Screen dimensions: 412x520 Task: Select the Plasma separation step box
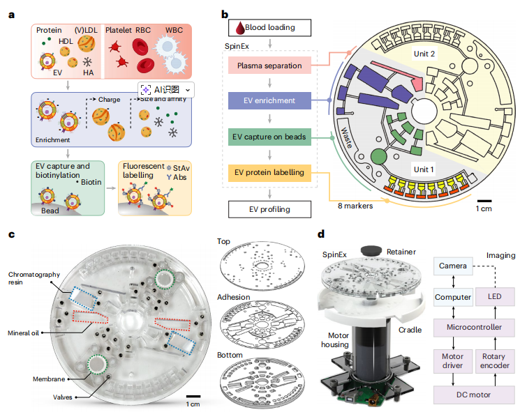coord(269,66)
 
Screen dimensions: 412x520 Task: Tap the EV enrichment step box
coord(269,101)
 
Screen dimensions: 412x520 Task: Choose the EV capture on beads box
coord(269,137)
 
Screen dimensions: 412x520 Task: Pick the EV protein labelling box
coord(269,172)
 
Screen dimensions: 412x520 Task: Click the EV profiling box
coord(269,208)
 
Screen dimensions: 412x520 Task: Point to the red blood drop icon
coord(239,28)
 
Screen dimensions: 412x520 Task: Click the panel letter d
coord(320,236)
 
